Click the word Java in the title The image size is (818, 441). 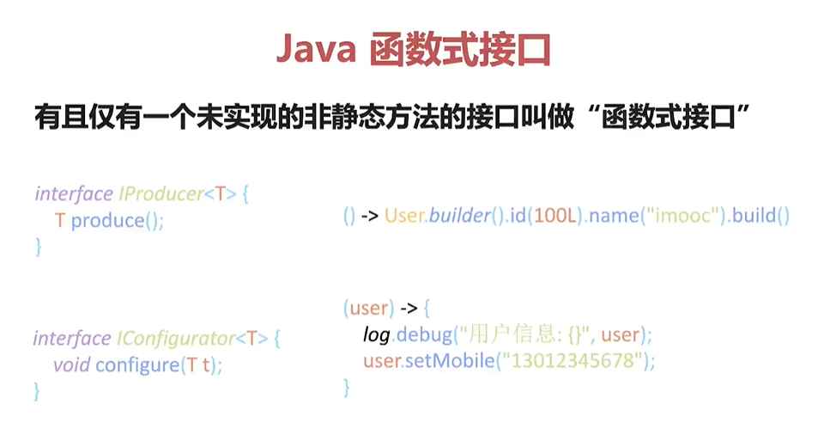click(315, 50)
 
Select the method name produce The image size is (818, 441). click(107, 221)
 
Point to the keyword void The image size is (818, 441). click(71, 365)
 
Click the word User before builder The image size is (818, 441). click(404, 217)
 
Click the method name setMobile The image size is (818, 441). click(449, 361)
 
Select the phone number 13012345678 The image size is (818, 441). click(576, 361)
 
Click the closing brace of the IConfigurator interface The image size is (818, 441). click(37, 392)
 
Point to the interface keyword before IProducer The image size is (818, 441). click(73, 193)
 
